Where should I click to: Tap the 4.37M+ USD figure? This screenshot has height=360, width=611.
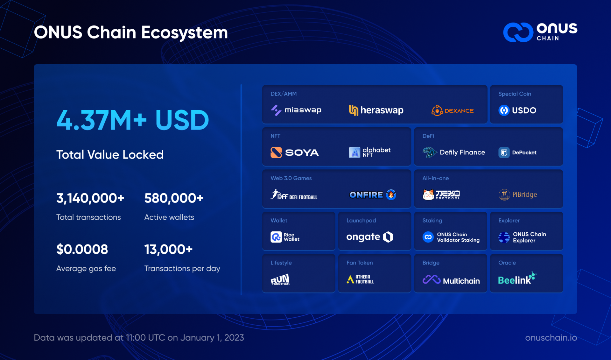pyautogui.click(x=132, y=120)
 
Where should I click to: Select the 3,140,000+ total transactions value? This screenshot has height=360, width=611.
pyautogui.click(x=90, y=198)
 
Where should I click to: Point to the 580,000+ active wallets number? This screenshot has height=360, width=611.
pyautogui.click(x=174, y=198)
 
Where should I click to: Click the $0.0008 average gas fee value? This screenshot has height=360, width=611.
pyautogui.click(x=82, y=249)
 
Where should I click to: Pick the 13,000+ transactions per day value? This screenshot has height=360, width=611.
pyautogui.click(x=168, y=249)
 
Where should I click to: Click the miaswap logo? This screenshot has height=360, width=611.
pyautogui.click(x=296, y=110)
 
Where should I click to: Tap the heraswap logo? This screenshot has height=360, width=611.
pyautogui.click(x=376, y=110)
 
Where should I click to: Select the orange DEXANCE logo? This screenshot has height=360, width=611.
pyautogui.click(x=453, y=110)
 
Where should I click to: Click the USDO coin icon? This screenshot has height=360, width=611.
pyautogui.click(x=504, y=110)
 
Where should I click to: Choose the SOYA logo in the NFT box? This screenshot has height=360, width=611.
pyautogui.click(x=294, y=152)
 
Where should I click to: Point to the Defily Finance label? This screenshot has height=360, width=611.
pyautogui.click(x=462, y=152)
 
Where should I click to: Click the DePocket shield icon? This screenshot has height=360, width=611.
pyautogui.click(x=504, y=152)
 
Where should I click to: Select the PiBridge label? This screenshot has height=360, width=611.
pyautogui.click(x=524, y=194)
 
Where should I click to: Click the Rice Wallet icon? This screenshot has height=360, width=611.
pyautogui.click(x=276, y=237)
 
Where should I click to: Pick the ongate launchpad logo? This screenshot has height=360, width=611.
pyautogui.click(x=370, y=237)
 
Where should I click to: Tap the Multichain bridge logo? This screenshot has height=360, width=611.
pyautogui.click(x=451, y=280)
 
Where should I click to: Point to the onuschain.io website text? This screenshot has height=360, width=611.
pyautogui.click(x=551, y=337)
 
